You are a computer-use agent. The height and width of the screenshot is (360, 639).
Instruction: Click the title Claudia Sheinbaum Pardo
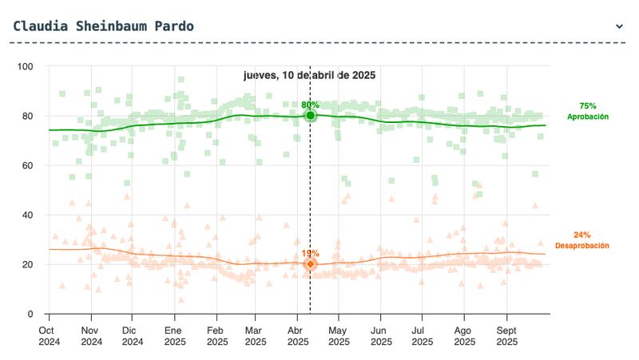[x=103, y=26]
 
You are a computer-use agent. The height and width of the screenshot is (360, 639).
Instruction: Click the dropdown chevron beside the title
[x=619, y=26]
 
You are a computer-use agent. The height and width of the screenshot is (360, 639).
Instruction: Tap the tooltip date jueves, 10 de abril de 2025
[x=309, y=75]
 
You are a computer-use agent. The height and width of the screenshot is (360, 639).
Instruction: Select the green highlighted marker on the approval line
[x=310, y=116]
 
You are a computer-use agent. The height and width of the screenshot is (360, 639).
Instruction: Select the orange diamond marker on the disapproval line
[x=310, y=264]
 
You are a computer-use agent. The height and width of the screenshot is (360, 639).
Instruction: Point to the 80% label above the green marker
[x=310, y=105]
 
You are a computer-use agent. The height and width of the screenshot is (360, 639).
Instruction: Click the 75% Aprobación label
[x=588, y=111]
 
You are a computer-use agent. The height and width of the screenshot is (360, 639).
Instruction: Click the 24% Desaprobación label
[x=581, y=240]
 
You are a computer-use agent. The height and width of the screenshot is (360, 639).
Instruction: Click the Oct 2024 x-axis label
[x=49, y=334]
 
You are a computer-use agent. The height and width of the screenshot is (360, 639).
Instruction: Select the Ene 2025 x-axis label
[x=173, y=334]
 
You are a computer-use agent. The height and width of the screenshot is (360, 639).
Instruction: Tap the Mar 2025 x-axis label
[x=256, y=334]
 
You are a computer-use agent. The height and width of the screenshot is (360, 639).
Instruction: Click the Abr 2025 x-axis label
[x=298, y=334]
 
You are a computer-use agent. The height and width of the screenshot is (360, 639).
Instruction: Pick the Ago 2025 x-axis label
[x=462, y=334]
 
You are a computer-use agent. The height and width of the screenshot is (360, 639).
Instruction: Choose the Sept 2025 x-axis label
[x=506, y=334]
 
